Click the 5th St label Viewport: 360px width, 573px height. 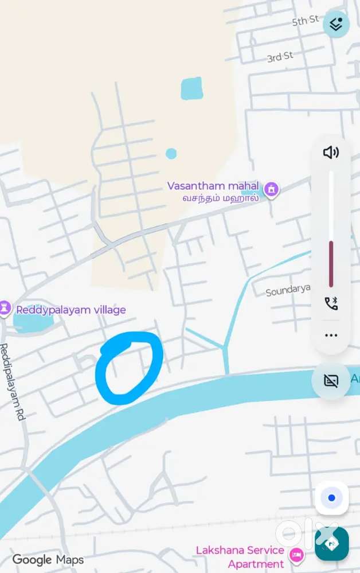point(305,21)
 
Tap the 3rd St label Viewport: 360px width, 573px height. point(280,57)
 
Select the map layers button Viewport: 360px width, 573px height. point(336,24)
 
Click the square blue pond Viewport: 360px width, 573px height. point(191,89)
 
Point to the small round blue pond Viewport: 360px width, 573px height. point(171,154)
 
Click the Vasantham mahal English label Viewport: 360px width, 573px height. point(213,186)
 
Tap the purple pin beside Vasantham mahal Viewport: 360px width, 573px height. point(271,189)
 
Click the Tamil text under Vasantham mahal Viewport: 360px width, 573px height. point(220,198)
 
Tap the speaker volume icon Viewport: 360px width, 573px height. point(331,152)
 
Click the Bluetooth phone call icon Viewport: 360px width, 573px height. point(331,303)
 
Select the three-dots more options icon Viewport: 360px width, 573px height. point(331,336)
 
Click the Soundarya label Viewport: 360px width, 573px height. point(288,291)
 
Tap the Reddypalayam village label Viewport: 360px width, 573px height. point(71,310)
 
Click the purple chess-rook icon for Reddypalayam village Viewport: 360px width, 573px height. point(5,308)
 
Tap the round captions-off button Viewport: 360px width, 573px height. point(331,381)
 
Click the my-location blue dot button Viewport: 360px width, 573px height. point(331,498)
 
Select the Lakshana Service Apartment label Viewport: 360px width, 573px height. point(240,556)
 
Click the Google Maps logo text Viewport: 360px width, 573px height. point(48,560)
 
